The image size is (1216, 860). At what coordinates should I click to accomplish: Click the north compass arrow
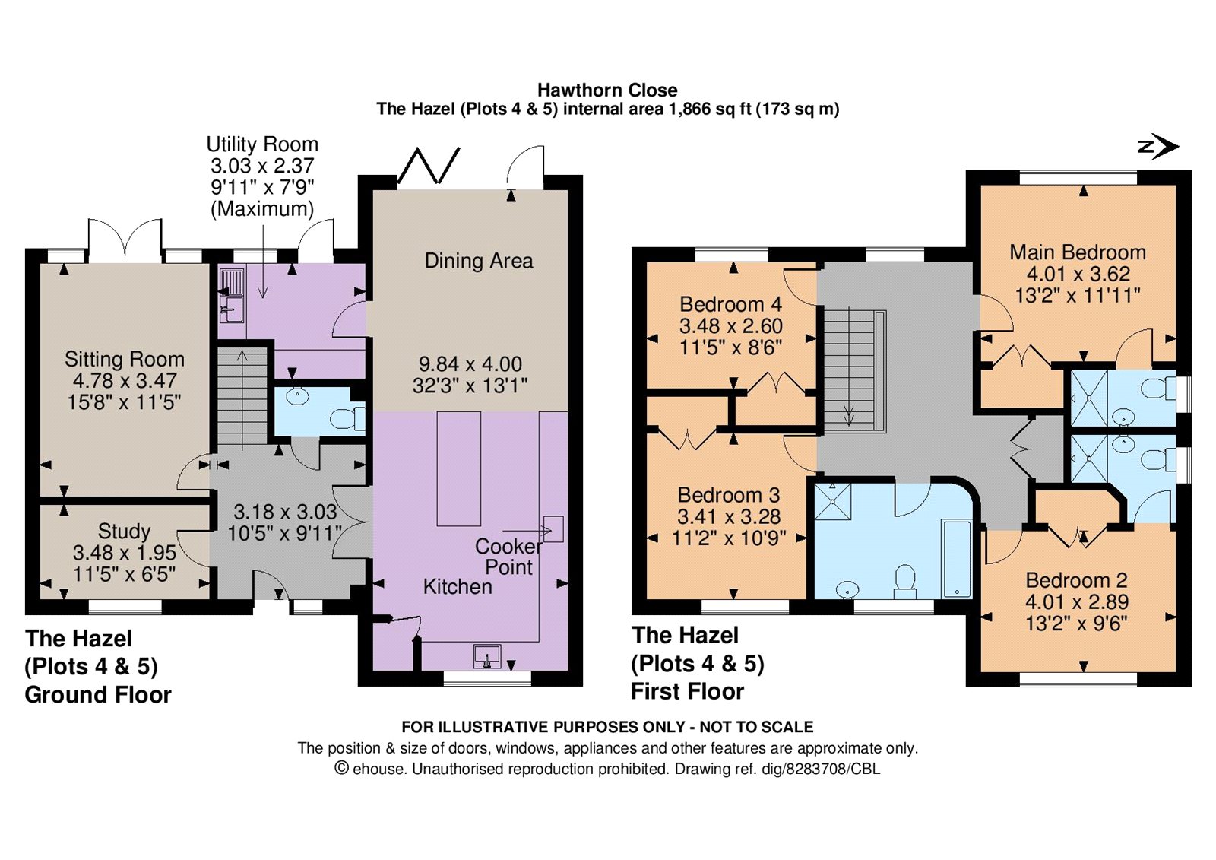1159,147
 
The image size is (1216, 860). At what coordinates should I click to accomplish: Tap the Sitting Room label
125,359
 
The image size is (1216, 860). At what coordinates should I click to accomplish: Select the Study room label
125,531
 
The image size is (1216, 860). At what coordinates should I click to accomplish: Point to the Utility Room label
262,144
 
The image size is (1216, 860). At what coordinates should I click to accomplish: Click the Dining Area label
478,261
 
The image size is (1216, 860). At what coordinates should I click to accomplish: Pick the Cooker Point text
508,557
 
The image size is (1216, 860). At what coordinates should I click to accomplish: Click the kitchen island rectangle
459,468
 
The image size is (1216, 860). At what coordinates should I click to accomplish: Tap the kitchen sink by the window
487,656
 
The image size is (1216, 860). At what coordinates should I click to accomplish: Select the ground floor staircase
242,398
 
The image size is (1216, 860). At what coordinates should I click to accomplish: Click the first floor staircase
854,370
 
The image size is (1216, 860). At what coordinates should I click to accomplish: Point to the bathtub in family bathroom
957,559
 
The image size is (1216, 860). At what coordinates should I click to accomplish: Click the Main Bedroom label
1078,252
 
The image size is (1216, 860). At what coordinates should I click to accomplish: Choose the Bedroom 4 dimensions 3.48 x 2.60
730,326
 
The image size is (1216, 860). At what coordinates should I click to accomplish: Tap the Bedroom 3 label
729,495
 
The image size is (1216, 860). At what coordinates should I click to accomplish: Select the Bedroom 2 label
1076,580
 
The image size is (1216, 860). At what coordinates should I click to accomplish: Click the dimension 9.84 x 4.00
470,363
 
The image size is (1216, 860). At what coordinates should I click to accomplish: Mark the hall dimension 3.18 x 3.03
286,511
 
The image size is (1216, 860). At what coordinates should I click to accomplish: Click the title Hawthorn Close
607,90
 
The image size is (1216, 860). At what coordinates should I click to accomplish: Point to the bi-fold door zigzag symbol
429,164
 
